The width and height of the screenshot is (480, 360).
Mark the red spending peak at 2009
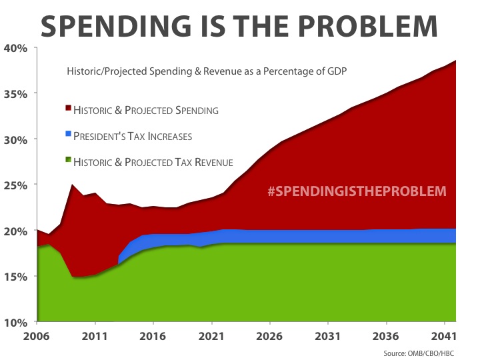coord(72,185)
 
